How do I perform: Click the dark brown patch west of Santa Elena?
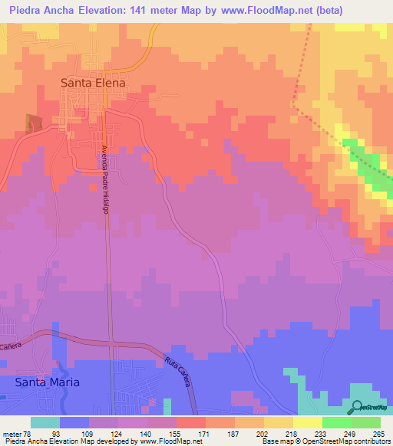[x=33, y=123]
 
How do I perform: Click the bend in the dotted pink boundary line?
[x=294, y=103]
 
